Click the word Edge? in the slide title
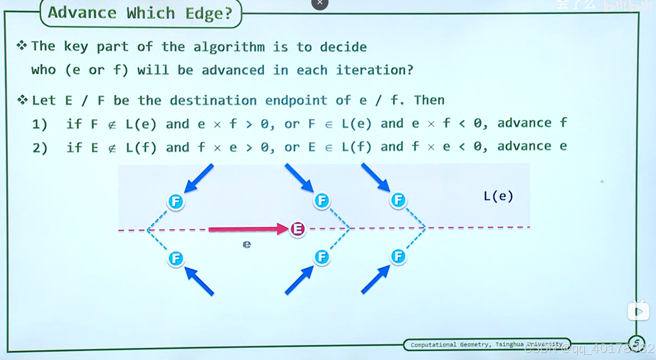pyautogui.click(x=209, y=13)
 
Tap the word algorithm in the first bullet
pyautogui.click(x=229, y=47)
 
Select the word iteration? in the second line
pyautogui.click(x=374, y=70)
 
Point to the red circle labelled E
pyautogui.click(x=297, y=229)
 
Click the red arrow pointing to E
pyautogui.click(x=248, y=229)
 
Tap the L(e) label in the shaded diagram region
pyautogui.click(x=498, y=196)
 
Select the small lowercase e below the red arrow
pyautogui.click(x=247, y=245)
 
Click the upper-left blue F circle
pyautogui.click(x=176, y=202)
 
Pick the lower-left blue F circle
pyautogui.click(x=176, y=258)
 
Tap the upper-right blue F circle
pyautogui.click(x=398, y=200)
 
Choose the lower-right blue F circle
pyautogui.click(x=398, y=257)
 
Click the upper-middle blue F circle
pyautogui.click(x=321, y=200)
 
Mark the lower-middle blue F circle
pyautogui.click(x=322, y=257)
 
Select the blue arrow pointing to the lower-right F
pyautogui.click(x=375, y=280)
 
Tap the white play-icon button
pyautogui.click(x=638, y=311)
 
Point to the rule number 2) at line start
pyautogui.click(x=40, y=148)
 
